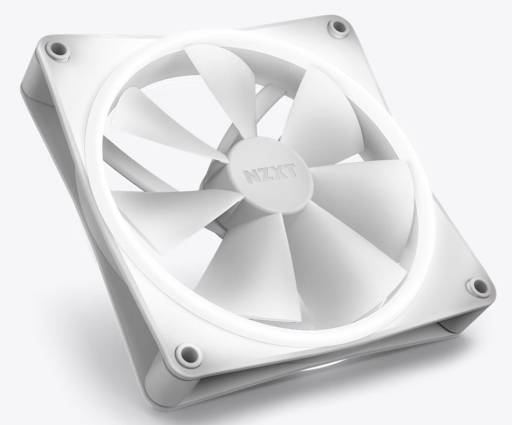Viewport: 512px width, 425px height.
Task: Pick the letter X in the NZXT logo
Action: pyautogui.click(x=277, y=172)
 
